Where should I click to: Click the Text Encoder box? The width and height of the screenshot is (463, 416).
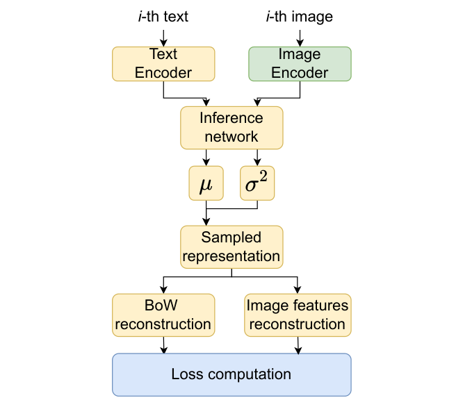(x=163, y=63)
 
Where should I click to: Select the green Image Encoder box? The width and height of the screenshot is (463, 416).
(x=300, y=63)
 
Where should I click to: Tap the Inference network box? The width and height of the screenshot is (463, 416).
(x=231, y=127)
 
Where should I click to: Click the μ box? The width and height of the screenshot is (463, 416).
(x=205, y=183)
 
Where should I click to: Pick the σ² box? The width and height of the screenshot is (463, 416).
(x=258, y=183)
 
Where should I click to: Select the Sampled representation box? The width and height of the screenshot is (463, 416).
(x=231, y=247)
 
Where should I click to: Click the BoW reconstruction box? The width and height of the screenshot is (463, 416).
(x=163, y=315)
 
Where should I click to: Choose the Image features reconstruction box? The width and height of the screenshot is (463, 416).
(x=298, y=315)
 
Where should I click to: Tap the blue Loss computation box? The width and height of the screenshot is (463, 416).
(x=231, y=374)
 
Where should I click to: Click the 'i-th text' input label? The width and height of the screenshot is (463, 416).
(x=163, y=17)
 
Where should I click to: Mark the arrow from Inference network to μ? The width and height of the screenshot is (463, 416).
(x=205, y=157)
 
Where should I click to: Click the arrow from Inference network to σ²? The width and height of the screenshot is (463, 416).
(x=258, y=157)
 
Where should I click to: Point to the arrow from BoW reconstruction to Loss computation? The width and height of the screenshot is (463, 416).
(x=163, y=344)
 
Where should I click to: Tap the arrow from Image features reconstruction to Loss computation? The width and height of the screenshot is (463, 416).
(x=298, y=344)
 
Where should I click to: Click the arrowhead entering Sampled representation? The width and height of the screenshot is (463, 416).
(x=205, y=222)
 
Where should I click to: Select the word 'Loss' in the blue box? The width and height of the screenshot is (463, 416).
(x=187, y=374)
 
